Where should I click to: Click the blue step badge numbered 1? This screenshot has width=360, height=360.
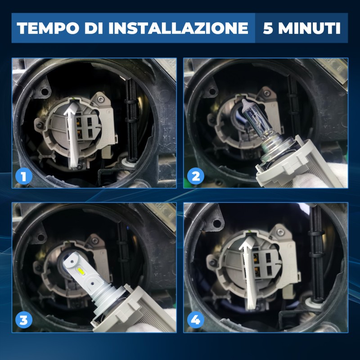tap(23, 176)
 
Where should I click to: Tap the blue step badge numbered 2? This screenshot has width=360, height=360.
tap(196, 176)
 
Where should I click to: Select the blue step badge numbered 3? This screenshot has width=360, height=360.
tap(23, 320)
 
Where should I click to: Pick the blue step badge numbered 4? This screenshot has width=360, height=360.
tap(196, 320)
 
